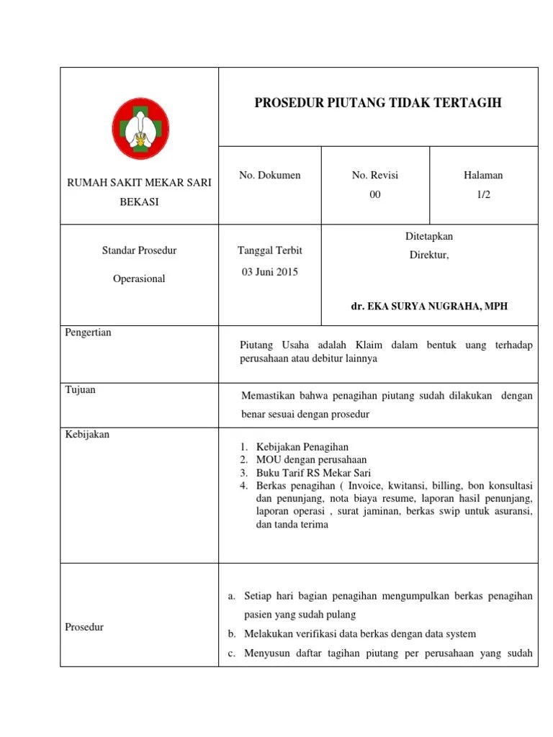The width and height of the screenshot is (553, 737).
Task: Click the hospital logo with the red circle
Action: coord(139,130)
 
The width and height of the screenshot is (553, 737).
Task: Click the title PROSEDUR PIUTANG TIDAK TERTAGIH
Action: coord(378,103)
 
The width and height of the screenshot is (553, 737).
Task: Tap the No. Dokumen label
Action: coord(269,175)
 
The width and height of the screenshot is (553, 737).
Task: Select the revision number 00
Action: coord(374,194)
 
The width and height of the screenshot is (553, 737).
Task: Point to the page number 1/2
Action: coord(483,194)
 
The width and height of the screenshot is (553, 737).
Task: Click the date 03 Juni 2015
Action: coord(269,272)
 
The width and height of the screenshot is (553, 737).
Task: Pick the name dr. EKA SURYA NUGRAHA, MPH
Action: coord(429,306)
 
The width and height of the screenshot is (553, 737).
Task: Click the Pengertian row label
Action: coord(89,333)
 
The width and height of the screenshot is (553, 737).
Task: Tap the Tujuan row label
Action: coord(81,390)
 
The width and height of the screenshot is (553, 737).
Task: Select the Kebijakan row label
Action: coord(87,434)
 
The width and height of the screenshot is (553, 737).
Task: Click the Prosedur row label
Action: coord(84,627)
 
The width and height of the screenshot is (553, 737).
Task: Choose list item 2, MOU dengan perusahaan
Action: coord(311,459)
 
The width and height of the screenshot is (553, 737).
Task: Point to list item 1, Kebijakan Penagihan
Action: coord(302,446)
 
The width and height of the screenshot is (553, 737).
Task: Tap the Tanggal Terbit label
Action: coord(269,250)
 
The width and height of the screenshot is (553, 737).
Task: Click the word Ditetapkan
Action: coord(429,236)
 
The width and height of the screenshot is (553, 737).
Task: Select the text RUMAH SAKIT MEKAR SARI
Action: coord(139,183)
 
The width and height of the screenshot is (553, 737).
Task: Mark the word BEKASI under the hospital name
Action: coord(139,202)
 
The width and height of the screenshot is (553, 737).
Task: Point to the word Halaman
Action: coord(483,175)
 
